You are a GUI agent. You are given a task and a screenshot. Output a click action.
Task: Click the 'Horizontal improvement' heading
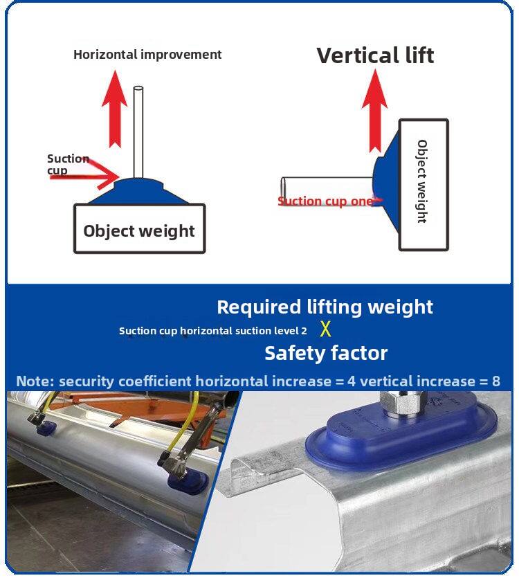(x=147, y=55)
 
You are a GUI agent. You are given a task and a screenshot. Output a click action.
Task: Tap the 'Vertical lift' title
(x=375, y=55)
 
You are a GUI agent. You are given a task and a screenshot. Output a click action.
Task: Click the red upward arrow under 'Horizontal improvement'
(x=115, y=109)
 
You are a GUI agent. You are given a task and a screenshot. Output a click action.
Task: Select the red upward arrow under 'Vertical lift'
(x=374, y=111)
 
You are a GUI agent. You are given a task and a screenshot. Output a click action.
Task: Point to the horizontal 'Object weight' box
(x=140, y=228)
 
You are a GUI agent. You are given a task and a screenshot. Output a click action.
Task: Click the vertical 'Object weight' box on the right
(x=424, y=185)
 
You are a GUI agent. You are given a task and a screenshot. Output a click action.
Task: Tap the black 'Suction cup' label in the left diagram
(x=68, y=164)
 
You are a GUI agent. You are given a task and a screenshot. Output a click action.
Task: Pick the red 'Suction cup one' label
(x=325, y=201)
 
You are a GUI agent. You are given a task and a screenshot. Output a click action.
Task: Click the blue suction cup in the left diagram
(x=139, y=191)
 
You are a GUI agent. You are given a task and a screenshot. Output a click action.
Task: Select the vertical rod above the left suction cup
(x=138, y=132)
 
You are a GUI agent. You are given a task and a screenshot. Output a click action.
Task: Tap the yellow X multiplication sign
(x=325, y=329)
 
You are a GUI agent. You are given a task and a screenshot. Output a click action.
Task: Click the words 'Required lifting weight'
(x=325, y=307)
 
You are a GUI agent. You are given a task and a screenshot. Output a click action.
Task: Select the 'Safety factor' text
(x=326, y=353)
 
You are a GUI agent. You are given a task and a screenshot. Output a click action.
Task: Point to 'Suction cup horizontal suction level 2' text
(x=213, y=331)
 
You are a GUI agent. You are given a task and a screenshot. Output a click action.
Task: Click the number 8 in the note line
(x=495, y=381)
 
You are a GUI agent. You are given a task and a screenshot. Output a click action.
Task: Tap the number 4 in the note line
(x=352, y=381)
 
